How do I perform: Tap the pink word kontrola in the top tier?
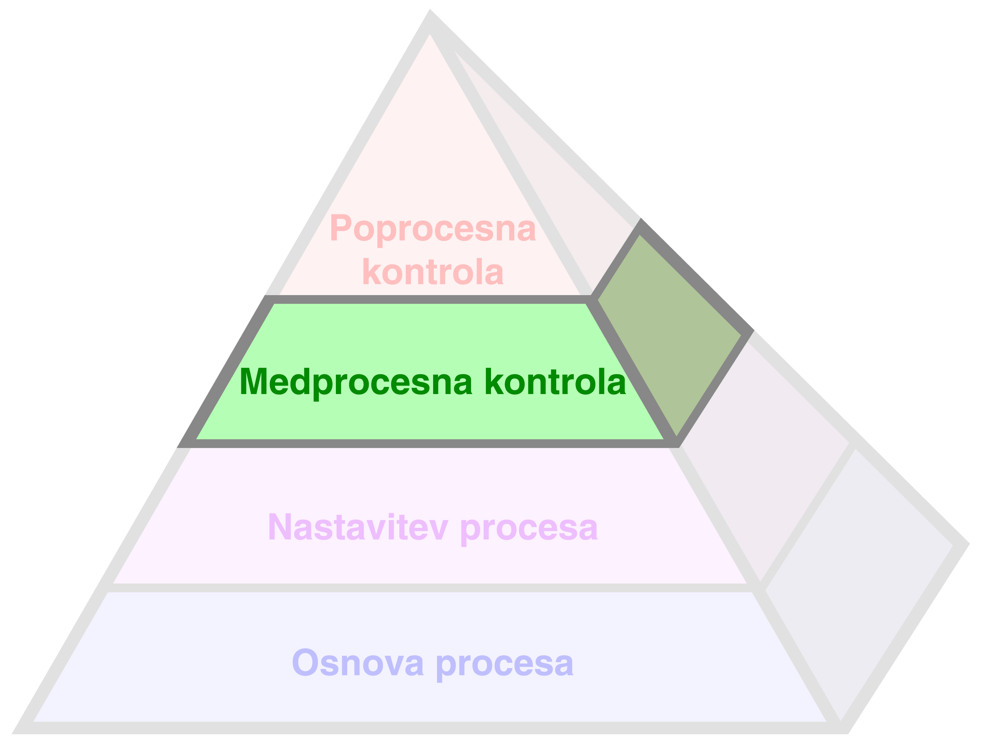pyautogui.click(x=433, y=271)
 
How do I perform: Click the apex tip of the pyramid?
pyautogui.click(x=430, y=10)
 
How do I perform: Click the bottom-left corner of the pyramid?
pyautogui.click(x=12, y=734)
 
